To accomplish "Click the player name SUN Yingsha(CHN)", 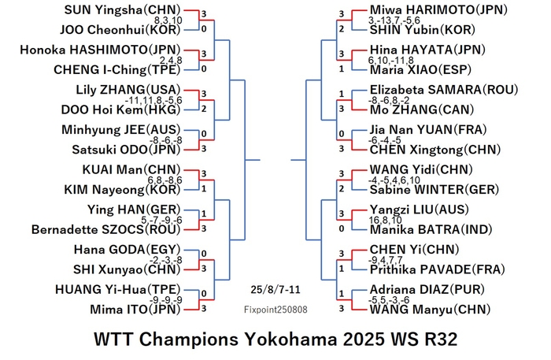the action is pos(122,9).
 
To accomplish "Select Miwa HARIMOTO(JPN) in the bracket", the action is pos(438,9).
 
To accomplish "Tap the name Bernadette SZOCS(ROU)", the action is pos(105,229).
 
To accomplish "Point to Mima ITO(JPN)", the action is pos(135,310).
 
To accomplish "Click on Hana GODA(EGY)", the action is pos(128,250).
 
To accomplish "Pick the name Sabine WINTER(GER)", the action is pos(435,190).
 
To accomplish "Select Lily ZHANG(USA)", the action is pos(128,90).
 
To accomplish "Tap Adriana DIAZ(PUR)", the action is pos(427,289).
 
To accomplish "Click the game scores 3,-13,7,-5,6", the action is pos(394,20).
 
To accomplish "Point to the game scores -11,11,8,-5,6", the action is pos(154,101).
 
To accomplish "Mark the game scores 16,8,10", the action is pos(385,221).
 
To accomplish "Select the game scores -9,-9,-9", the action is pos(166,300).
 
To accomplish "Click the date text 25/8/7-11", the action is pos(275,290).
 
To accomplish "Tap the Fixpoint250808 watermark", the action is pos(275,310).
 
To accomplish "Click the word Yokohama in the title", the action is pos(291,340).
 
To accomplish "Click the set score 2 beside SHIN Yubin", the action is pos(342,29).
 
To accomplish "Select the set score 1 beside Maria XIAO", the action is pos(342,69).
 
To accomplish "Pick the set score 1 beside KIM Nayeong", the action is pos(204,189).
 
